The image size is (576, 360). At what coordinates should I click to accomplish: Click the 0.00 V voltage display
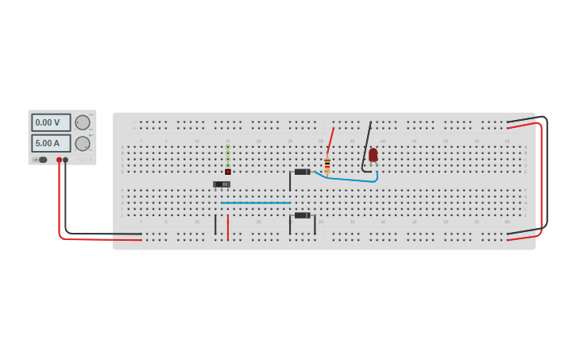50,122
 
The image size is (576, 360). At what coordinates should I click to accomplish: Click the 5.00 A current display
50,143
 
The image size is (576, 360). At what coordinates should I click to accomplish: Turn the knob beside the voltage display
83,122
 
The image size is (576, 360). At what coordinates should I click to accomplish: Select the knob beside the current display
83,144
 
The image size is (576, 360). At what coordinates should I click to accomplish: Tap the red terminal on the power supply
59,160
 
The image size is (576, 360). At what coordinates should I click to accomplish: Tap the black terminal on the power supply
66,160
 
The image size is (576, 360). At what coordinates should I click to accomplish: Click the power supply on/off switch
41,160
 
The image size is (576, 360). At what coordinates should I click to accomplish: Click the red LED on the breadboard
373,154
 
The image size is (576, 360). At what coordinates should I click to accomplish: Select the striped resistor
327,165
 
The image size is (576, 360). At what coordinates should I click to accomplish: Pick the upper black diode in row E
302,172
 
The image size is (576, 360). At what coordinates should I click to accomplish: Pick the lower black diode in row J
302,215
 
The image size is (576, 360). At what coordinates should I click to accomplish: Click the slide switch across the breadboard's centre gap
221,184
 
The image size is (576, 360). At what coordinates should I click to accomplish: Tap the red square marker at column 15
228,172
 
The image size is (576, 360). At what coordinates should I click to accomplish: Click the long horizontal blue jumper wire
256,203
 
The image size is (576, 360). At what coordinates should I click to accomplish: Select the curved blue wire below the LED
350,180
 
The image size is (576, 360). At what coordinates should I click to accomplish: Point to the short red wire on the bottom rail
228,227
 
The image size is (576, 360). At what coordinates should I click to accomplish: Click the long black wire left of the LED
366,143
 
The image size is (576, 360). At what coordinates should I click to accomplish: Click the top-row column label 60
507,141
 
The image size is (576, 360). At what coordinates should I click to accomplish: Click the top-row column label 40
382,141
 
